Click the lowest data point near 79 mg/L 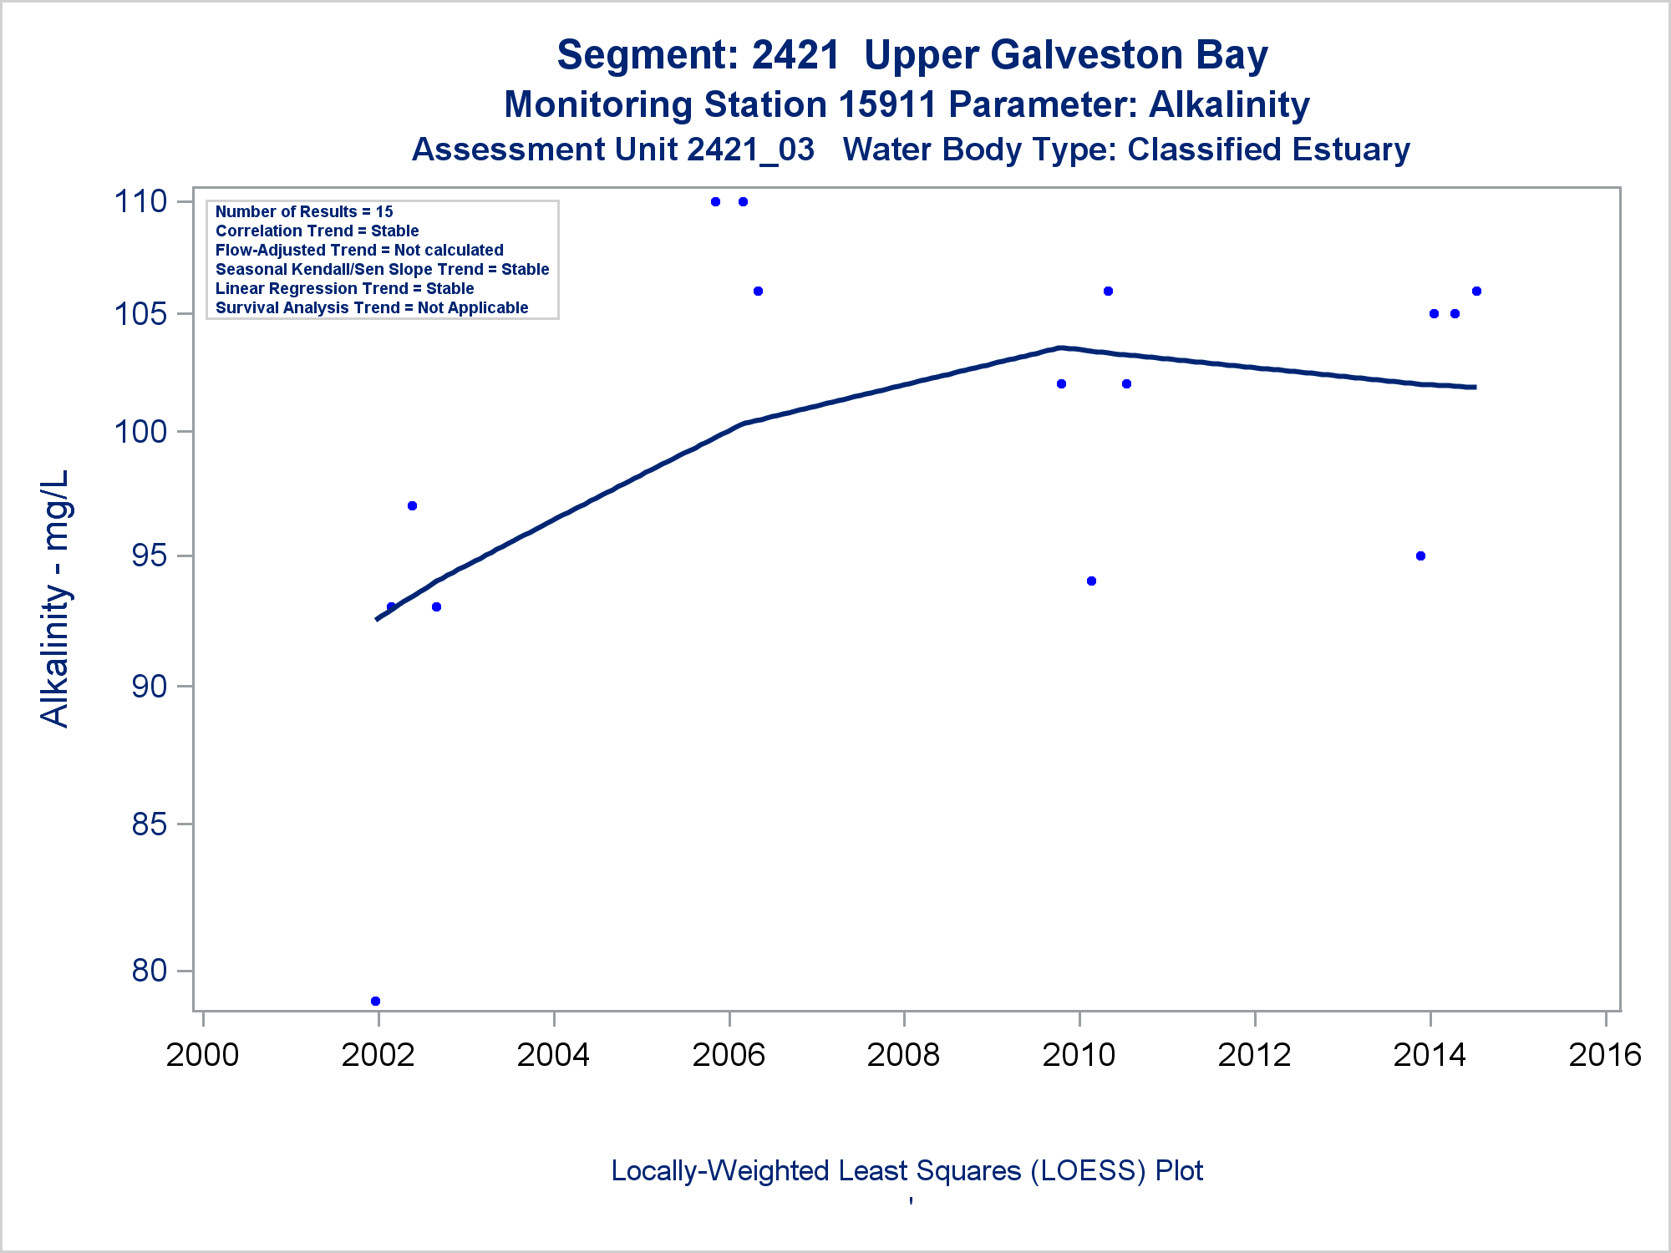point(375,1001)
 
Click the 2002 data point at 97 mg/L point(412,506)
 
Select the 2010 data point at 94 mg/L point(1091,581)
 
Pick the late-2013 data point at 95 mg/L point(1420,556)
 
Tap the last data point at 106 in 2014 point(1476,292)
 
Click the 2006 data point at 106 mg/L point(758,292)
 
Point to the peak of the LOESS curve point(1059,347)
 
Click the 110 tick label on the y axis point(140,201)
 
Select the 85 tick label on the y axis point(150,824)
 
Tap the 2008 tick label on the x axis point(903,1055)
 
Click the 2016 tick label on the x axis point(1604,1055)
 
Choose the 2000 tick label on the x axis point(203,1055)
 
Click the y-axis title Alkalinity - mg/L point(55,598)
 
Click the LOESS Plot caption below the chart point(907,1170)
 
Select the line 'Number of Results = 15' point(304,211)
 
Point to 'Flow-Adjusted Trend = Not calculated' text point(359,250)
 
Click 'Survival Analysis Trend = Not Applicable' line point(372,307)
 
